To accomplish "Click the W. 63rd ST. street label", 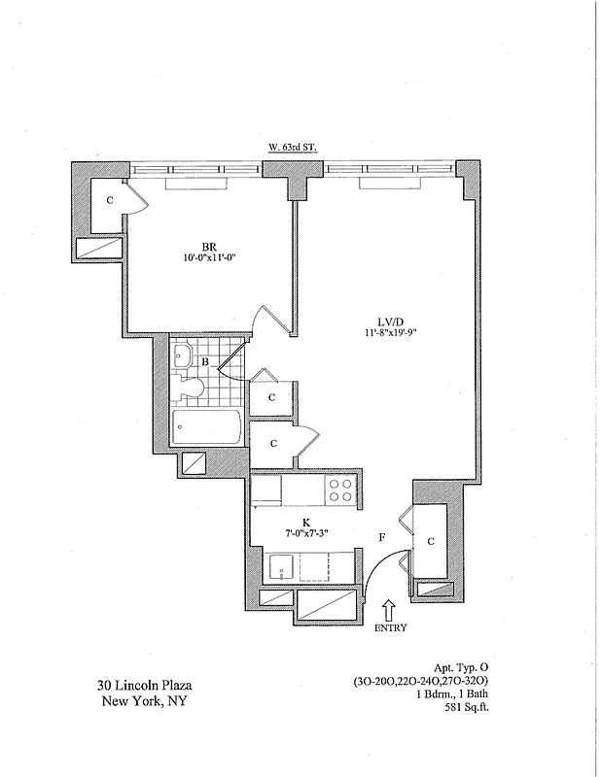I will [293, 147].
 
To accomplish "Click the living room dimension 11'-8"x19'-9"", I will [387, 334].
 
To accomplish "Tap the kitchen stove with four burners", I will [341, 490].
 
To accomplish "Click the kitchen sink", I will [282, 567].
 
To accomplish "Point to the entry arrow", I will [389, 609].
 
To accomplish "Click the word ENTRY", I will [389, 628].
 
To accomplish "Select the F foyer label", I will [382, 536].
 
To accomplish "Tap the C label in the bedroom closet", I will [110, 200].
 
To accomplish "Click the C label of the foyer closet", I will [431, 542].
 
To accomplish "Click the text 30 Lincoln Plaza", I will [143, 688].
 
